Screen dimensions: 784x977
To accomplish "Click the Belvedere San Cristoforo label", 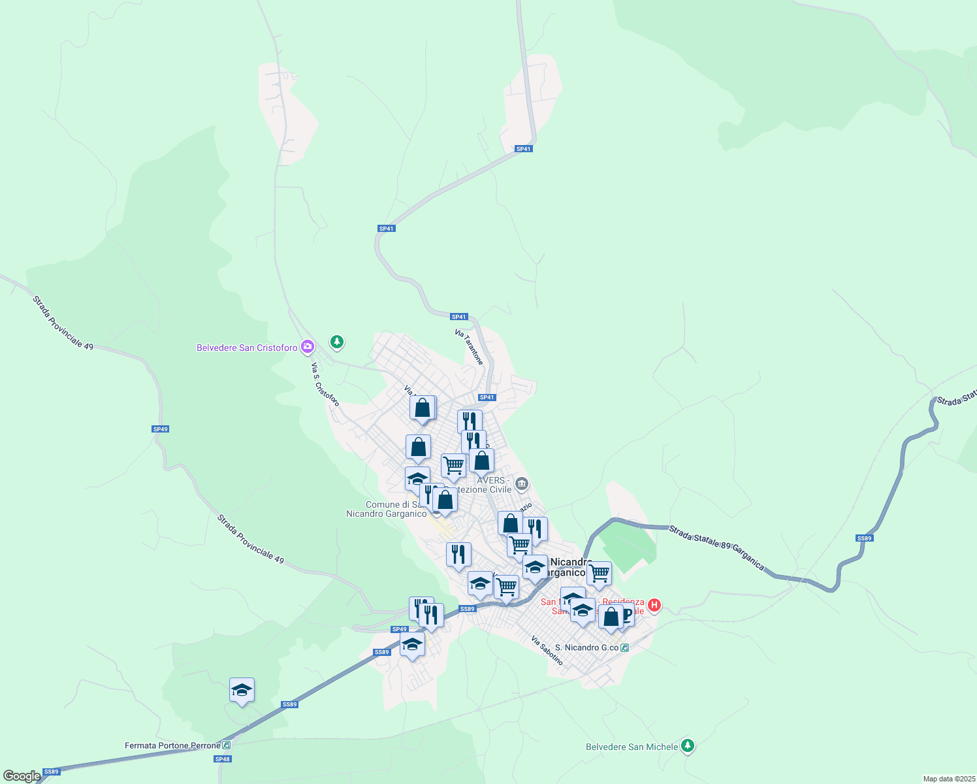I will [247, 348].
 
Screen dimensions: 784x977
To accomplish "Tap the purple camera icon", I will [308, 347].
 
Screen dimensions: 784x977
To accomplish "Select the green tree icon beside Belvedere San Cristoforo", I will [336, 342].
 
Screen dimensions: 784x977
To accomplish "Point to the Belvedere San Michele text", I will [632, 747].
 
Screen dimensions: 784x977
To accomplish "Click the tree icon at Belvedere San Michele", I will [687, 745].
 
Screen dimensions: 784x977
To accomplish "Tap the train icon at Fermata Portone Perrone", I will [226, 745].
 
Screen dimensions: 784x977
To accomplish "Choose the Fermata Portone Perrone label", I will [172, 745].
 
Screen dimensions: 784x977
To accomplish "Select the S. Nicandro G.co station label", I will [586, 647].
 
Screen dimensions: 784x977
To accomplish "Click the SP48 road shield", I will [223, 759].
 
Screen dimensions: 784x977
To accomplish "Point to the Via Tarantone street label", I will [470, 347].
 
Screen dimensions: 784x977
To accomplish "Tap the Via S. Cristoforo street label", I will [325, 385].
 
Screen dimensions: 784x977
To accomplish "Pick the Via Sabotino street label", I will [547, 650].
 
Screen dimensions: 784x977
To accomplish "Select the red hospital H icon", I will [654, 606].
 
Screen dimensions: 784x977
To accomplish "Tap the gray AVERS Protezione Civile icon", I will [521, 484].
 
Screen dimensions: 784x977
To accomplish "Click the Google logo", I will [22, 776].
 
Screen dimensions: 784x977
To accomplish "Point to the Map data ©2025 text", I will [948, 779].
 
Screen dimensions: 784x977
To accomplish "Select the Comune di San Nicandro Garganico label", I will [387, 509].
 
